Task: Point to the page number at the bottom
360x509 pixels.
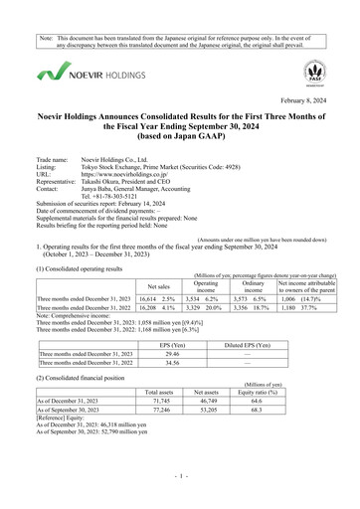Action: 180,490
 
